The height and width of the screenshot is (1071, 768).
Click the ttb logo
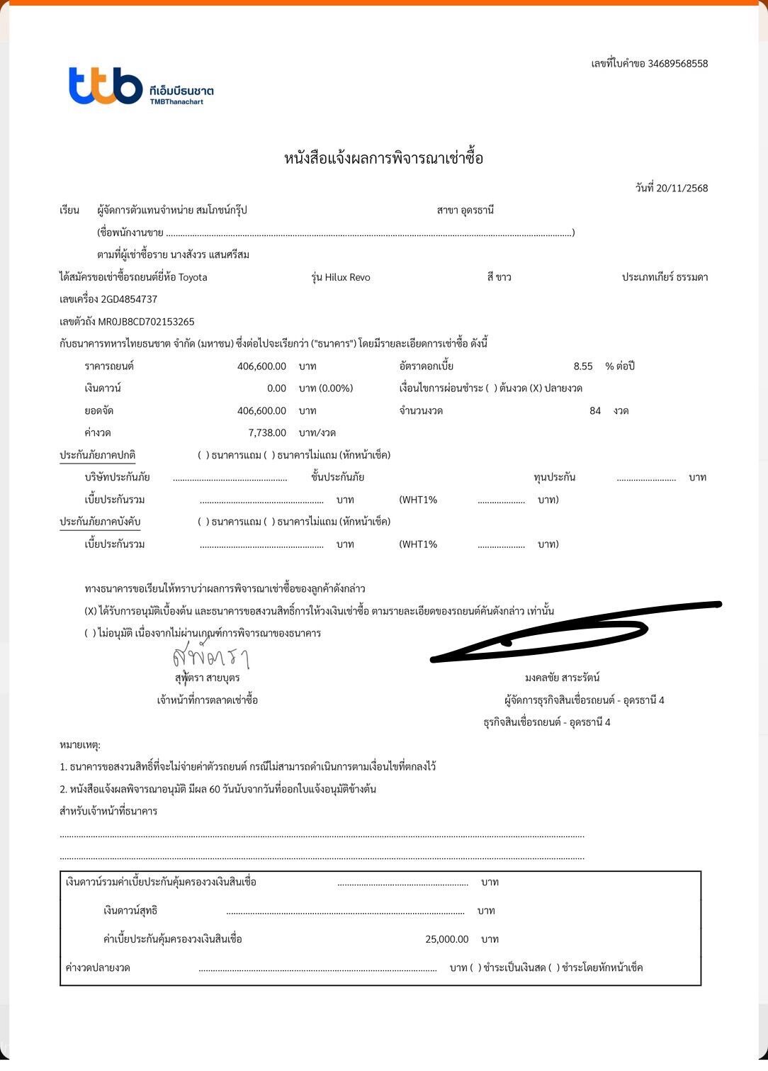coord(106,86)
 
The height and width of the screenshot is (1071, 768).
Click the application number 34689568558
coord(677,64)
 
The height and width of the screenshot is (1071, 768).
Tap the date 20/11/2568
coord(682,189)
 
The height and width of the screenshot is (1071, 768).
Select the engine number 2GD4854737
coord(129,300)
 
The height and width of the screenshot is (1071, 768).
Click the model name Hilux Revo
coord(347,277)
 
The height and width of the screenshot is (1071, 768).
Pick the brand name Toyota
coord(193,277)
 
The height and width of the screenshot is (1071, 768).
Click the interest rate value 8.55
coord(582,366)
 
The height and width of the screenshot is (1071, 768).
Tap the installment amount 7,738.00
coord(267,433)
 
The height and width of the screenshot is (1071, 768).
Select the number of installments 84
coord(595,411)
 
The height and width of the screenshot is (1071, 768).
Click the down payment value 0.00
coord(276,388)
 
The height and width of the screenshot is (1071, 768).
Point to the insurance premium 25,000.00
coord(446,939)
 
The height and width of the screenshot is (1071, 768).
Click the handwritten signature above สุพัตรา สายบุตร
coord(210,656)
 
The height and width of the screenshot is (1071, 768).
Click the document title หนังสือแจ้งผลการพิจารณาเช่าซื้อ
coord(383,158)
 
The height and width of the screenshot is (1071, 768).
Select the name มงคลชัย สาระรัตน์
coord(562,678)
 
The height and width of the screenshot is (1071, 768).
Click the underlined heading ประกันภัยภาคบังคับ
coord(100,522)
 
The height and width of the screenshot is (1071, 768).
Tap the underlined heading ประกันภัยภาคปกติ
coord(97,455)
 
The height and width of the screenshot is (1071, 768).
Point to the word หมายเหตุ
coord(79,745)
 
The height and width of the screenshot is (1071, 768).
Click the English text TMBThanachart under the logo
coord(176,102)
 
